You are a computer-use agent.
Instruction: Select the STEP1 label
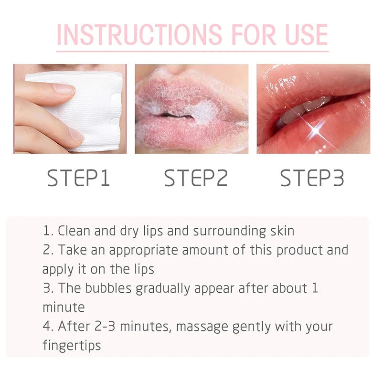pos(79,178)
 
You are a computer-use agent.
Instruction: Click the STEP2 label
pos(196,178)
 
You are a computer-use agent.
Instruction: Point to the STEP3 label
pos(312,178)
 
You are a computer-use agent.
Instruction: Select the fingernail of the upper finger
pos(64,89)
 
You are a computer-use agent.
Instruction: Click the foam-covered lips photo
pos(191,109)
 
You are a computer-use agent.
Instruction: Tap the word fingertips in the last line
pos(72,345)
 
